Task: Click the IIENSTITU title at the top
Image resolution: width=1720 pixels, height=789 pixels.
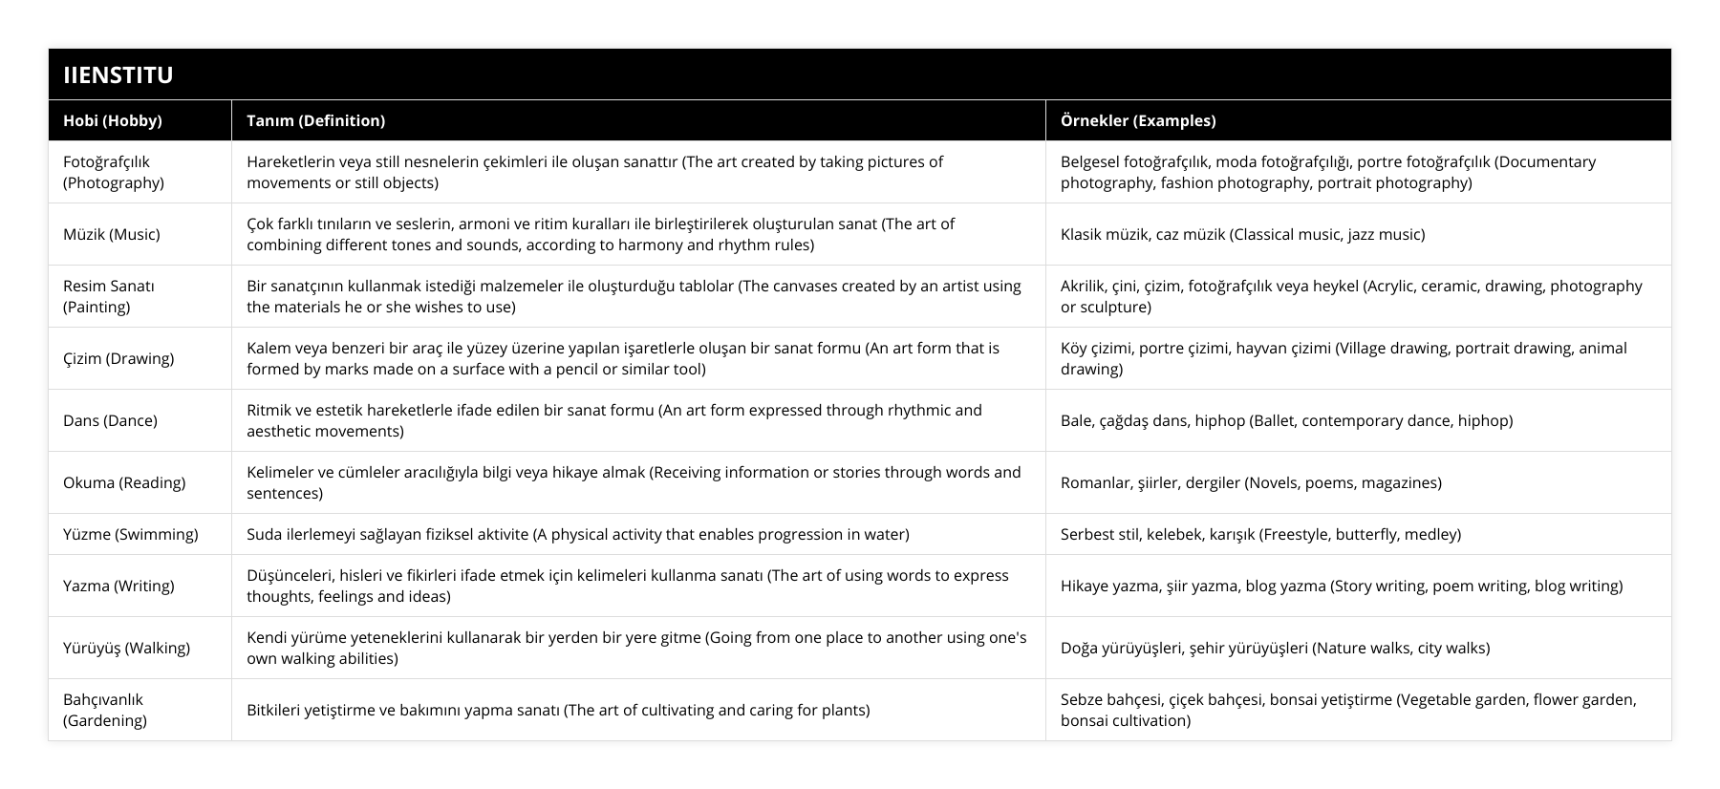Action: [118, 75]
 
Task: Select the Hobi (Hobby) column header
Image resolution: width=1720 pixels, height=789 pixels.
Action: [112, 120]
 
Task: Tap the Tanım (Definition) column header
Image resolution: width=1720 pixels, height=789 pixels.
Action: [315, 120]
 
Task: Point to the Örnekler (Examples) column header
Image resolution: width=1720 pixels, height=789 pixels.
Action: [1137, 120]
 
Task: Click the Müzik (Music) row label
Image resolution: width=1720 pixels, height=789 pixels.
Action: [111, 234]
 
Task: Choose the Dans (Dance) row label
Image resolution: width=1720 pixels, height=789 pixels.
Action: [110, 420]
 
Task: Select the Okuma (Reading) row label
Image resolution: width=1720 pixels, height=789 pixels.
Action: [124, 482]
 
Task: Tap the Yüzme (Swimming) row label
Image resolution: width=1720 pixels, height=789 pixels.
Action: [130, 534]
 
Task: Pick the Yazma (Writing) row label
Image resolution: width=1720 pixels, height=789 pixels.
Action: [118, 586]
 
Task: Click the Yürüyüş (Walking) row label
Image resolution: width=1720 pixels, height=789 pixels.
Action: [126, 648]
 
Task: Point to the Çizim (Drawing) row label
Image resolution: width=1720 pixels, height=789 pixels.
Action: [118, 358]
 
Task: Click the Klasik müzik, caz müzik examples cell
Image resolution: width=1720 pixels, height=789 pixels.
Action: [1242, 234]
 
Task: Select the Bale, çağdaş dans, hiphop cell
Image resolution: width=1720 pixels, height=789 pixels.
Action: [1286, 420]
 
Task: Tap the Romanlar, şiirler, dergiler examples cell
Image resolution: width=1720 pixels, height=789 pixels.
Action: [1251, 482]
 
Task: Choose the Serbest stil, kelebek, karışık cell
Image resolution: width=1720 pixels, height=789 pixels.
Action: [1260, 534]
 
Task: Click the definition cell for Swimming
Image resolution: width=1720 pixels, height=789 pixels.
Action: [577, 534]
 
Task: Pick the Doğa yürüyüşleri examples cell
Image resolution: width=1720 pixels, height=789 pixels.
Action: [1275, 648]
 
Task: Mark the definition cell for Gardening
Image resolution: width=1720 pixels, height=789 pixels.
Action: [558, 710]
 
